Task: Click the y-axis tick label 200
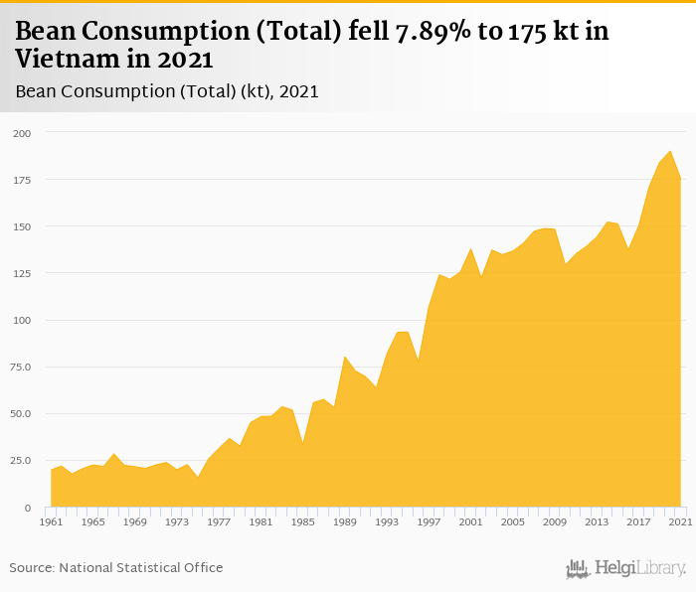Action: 22,133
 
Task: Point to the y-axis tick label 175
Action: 22,180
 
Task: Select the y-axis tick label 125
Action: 22,273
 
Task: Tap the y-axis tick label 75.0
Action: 20,367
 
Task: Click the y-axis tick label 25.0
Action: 20,461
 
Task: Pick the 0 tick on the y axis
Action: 28,508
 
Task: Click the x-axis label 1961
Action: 51,522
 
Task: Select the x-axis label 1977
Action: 218,522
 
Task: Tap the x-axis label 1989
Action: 344,522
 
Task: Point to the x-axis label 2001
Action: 470,522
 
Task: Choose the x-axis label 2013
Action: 597,522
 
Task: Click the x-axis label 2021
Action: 680,522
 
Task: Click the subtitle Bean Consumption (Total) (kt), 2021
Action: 167,91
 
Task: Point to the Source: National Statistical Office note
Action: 116,568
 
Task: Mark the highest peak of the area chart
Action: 670,152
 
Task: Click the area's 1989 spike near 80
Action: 344,357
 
